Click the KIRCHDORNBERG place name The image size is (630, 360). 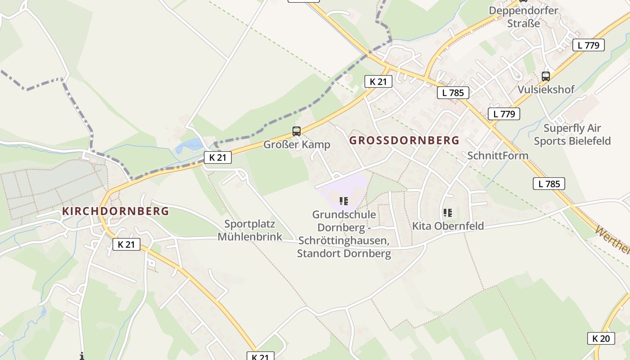click(x=116, y=211)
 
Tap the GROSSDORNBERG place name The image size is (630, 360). click(x=404, y=140)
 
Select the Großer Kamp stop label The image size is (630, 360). click(x=297, y=144)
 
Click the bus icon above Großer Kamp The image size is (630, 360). click(x=296, y=131)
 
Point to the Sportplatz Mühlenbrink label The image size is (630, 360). click(x=250, y=230)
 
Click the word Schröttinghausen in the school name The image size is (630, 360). click(x=342, y=240)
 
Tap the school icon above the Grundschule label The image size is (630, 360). click(x=344, y=201)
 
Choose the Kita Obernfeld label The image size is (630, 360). click(x=448, y=226)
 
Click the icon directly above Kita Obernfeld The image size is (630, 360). click(x=447, y=212)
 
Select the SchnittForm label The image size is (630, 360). click(x=498, y=155)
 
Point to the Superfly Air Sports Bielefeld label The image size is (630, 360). click(x=572, y=134)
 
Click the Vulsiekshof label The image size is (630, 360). click(x=546, y=89)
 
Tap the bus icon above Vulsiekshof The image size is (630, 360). click(x=546, y=76)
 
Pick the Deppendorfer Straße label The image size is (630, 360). click(x=523, y=17)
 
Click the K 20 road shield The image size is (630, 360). click(x=601, y=338)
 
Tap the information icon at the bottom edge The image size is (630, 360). click(x=81, y=356)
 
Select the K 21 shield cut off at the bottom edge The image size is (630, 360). click(x=260, y=356)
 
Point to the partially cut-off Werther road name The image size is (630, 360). click(x=613, y=239)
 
